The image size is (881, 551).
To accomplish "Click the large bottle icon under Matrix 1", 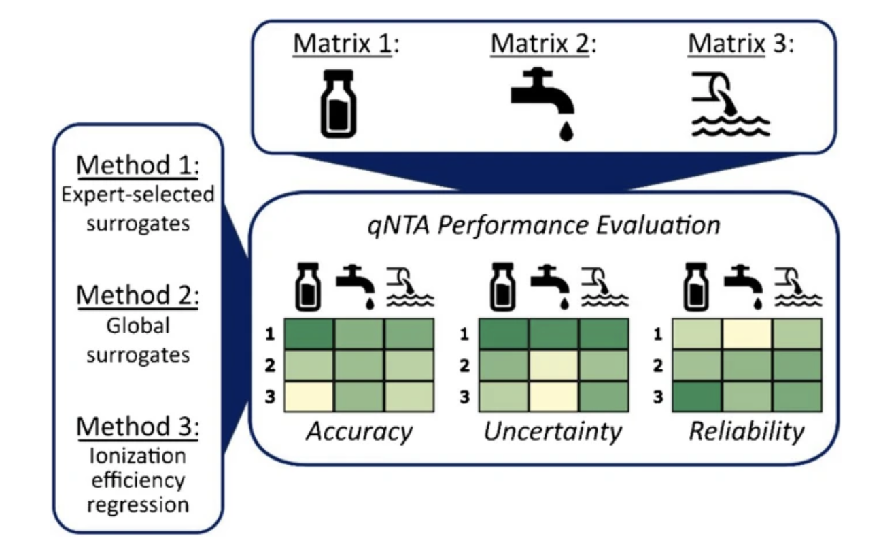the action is pyautogui.click(x=339, y=104).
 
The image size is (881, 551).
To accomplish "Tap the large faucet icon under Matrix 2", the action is pyautogui.click(x=542, y=104).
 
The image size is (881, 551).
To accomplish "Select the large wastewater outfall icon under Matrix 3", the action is pyautogui.click(x=731, y=104).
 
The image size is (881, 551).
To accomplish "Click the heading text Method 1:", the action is pyautogui.click(x=138, y=165).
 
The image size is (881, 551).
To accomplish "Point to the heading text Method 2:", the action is pyautogui.click(x=138, y=295).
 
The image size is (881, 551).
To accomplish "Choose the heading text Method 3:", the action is pyautogui.click(x=138, y=427).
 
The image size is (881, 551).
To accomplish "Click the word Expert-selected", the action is pyautogui.click(x=138, y=195).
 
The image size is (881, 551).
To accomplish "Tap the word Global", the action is pyautogui.click(x=138, y=326).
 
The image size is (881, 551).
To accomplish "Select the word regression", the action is pyautogui.click(x=138, y=505).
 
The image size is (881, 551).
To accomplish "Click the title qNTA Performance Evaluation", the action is pyautogui.click(x=544, y=226).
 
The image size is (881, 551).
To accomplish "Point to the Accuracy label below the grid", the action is pyautogui.click(x=360, y=432).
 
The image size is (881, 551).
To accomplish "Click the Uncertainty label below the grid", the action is pyautogui.click(x=553, y=432).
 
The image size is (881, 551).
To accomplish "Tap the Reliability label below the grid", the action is pyautogui.click(x=746, y=432).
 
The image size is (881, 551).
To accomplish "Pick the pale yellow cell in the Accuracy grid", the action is pyautogui.click(x=309, y=397).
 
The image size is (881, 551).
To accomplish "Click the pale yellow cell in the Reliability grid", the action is pyautogui.click(x=746, y=334).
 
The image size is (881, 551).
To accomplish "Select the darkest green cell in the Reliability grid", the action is pyautogui.click(x=697, y=397).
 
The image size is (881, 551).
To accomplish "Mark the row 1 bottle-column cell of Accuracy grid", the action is pyautogui.click(x=309, y=334).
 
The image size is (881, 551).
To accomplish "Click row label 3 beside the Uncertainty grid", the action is pyautogui.click(x=464, y=397).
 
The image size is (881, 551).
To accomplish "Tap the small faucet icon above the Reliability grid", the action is pyautogui.click(x=744, y=287).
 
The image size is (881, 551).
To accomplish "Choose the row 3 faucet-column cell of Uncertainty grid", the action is pyautogui.click(x=553, y=397).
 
